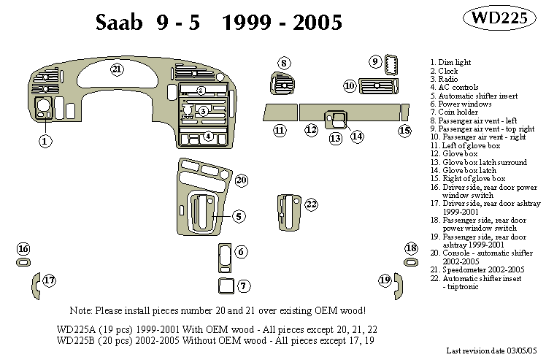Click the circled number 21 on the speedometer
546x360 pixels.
116,69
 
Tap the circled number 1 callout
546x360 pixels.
45,142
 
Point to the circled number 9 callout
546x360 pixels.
374,61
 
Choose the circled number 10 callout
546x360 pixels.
350,86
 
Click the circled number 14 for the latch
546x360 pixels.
357,136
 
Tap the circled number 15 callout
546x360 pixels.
405,131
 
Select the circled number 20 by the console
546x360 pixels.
241,180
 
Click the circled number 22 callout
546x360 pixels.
312,204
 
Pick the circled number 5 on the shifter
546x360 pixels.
239,216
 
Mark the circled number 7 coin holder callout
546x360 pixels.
243,286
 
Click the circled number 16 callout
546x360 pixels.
23,249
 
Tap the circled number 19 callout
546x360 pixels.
384,280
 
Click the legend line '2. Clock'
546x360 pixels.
444,71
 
